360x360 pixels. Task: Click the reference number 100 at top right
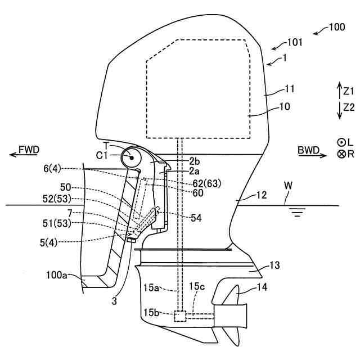(337, 27)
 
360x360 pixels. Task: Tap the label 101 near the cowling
(295, 42)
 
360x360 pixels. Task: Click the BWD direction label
(309, 150)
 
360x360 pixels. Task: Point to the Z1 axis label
(349, 91)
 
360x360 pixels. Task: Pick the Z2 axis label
(349, 107)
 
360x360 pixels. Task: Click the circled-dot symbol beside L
(341, 143)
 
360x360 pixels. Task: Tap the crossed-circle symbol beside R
(341, 154)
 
